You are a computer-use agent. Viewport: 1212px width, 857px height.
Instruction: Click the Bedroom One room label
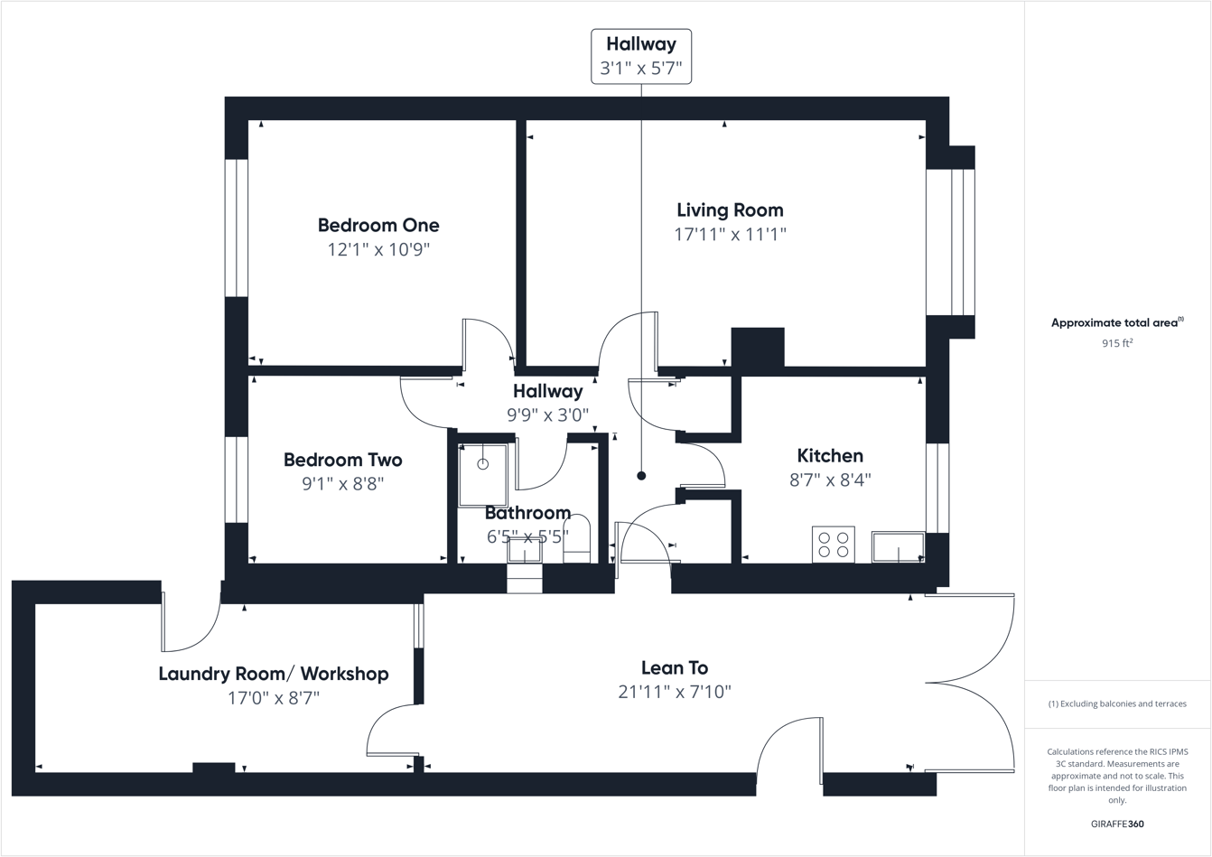click(x=378, y=226)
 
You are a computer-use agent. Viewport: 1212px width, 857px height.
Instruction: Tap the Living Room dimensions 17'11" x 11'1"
click(x=730, y=235)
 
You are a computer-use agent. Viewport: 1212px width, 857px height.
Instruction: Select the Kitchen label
click(x=829, y=456)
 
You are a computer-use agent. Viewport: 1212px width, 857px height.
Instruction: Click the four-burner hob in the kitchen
click(x=833, y=544)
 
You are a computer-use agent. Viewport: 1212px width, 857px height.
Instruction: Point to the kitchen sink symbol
click(x=898, y=547)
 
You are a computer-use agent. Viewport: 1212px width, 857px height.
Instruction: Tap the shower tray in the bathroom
click(x=483, y=474)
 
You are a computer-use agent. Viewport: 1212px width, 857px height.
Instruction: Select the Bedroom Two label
click(x=342, y=460)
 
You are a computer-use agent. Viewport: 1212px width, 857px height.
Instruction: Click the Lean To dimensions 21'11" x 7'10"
click(x=675, y=693)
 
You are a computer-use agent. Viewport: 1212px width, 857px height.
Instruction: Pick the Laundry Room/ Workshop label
click(x=274, y=674)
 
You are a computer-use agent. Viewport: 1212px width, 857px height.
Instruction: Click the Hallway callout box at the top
click(x=641, y=56)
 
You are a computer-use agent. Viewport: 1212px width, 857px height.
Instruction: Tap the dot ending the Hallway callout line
click(x=641, y=476)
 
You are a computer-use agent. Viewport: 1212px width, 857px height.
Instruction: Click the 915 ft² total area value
click(x=1117, y=343)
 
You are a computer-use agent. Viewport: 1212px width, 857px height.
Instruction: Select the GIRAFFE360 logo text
click(x=1117, y=824)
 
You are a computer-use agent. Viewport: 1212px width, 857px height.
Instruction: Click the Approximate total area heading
click(x=1117, y=322)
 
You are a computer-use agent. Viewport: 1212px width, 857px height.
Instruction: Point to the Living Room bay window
click(x=950, y=241)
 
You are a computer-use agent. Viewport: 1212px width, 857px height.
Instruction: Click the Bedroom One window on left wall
click(x=237, y=228)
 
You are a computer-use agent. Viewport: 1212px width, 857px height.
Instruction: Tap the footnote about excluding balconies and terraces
click(x=1117, y=703)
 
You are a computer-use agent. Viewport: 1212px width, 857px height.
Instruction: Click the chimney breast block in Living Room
click(x=757, y=347)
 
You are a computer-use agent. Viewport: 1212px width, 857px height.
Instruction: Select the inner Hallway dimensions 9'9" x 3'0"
click(x=547, y=415)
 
